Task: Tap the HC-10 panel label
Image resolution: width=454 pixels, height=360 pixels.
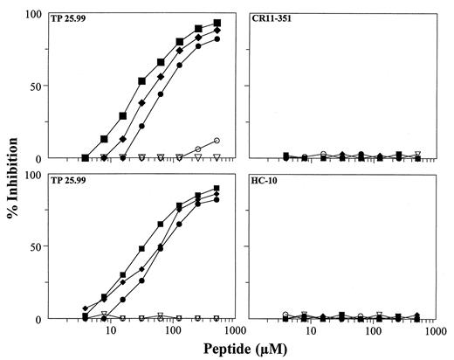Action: pyautogui.click(x=263, y=182)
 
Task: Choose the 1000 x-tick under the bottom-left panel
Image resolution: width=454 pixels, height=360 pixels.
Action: pyautogui.click(x=232, y=333)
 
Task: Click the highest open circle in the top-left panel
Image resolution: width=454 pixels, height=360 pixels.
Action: pyautogui.click(x=217, y=141)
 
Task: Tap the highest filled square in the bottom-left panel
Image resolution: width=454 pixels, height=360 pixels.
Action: pyautogui.click(x=217, y=189)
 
